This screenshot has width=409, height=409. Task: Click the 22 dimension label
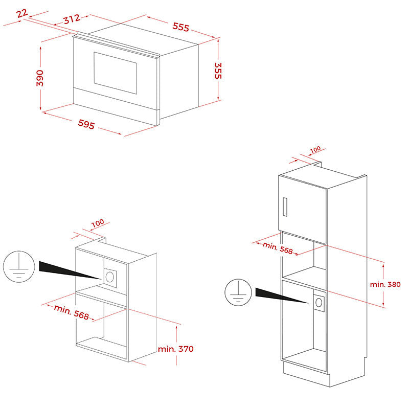[22, 13]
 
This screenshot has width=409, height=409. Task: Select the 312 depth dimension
[72, 19]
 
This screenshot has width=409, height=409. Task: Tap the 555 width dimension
[181, 27]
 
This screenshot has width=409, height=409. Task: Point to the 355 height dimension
[218, 71]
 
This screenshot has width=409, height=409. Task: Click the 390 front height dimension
[40, 78]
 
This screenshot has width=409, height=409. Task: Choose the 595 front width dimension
[86, 124]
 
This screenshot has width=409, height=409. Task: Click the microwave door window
[116, 73]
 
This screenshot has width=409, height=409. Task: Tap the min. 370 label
[176, 349]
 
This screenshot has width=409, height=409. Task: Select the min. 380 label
[385, 284]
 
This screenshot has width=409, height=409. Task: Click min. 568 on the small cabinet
[72, 312]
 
